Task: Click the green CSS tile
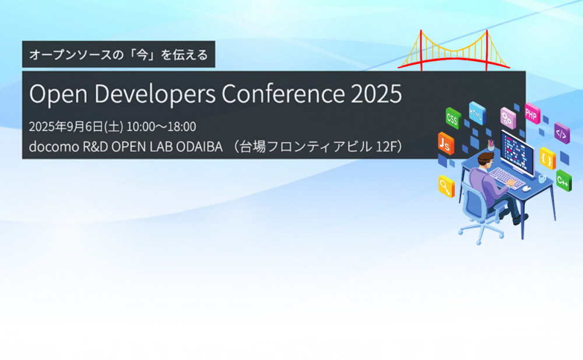point(453,118)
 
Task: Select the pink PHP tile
point(532,114)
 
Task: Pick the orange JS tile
point(446,143)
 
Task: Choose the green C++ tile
point(564,181)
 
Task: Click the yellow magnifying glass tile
point(446,186)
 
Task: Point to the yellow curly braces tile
point(547,158)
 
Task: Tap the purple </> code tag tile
point(562,133)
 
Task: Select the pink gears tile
point(508,118)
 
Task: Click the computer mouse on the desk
point(526,188)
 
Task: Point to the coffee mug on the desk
point(542,179)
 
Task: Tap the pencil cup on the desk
point(491,146)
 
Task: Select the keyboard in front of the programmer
point(506,178)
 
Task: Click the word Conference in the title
point(283,94)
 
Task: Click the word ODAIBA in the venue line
point(199,147)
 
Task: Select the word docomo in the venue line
point(54,147)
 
